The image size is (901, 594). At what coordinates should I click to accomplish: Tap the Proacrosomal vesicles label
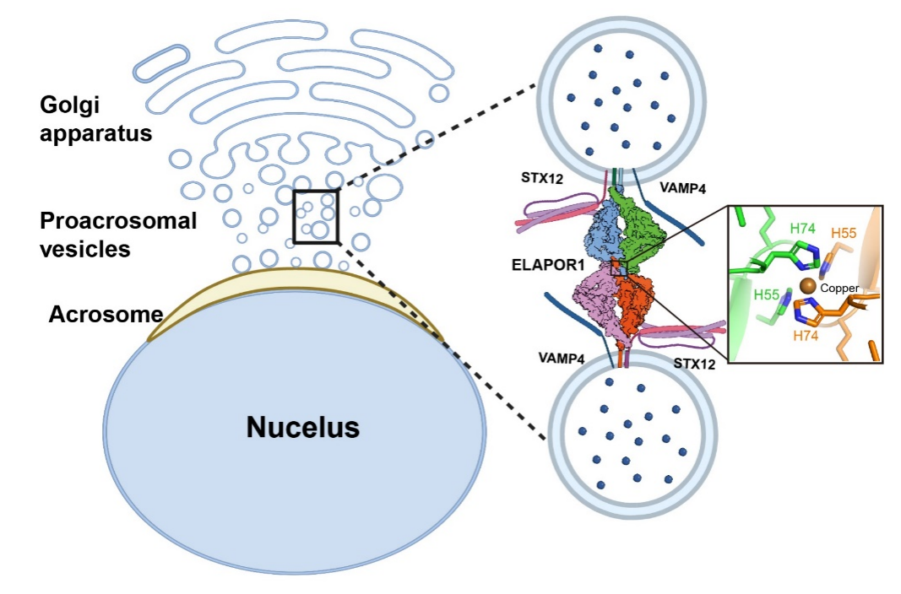[117, 235]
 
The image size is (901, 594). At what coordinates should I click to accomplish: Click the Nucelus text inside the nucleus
[302, 427]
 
